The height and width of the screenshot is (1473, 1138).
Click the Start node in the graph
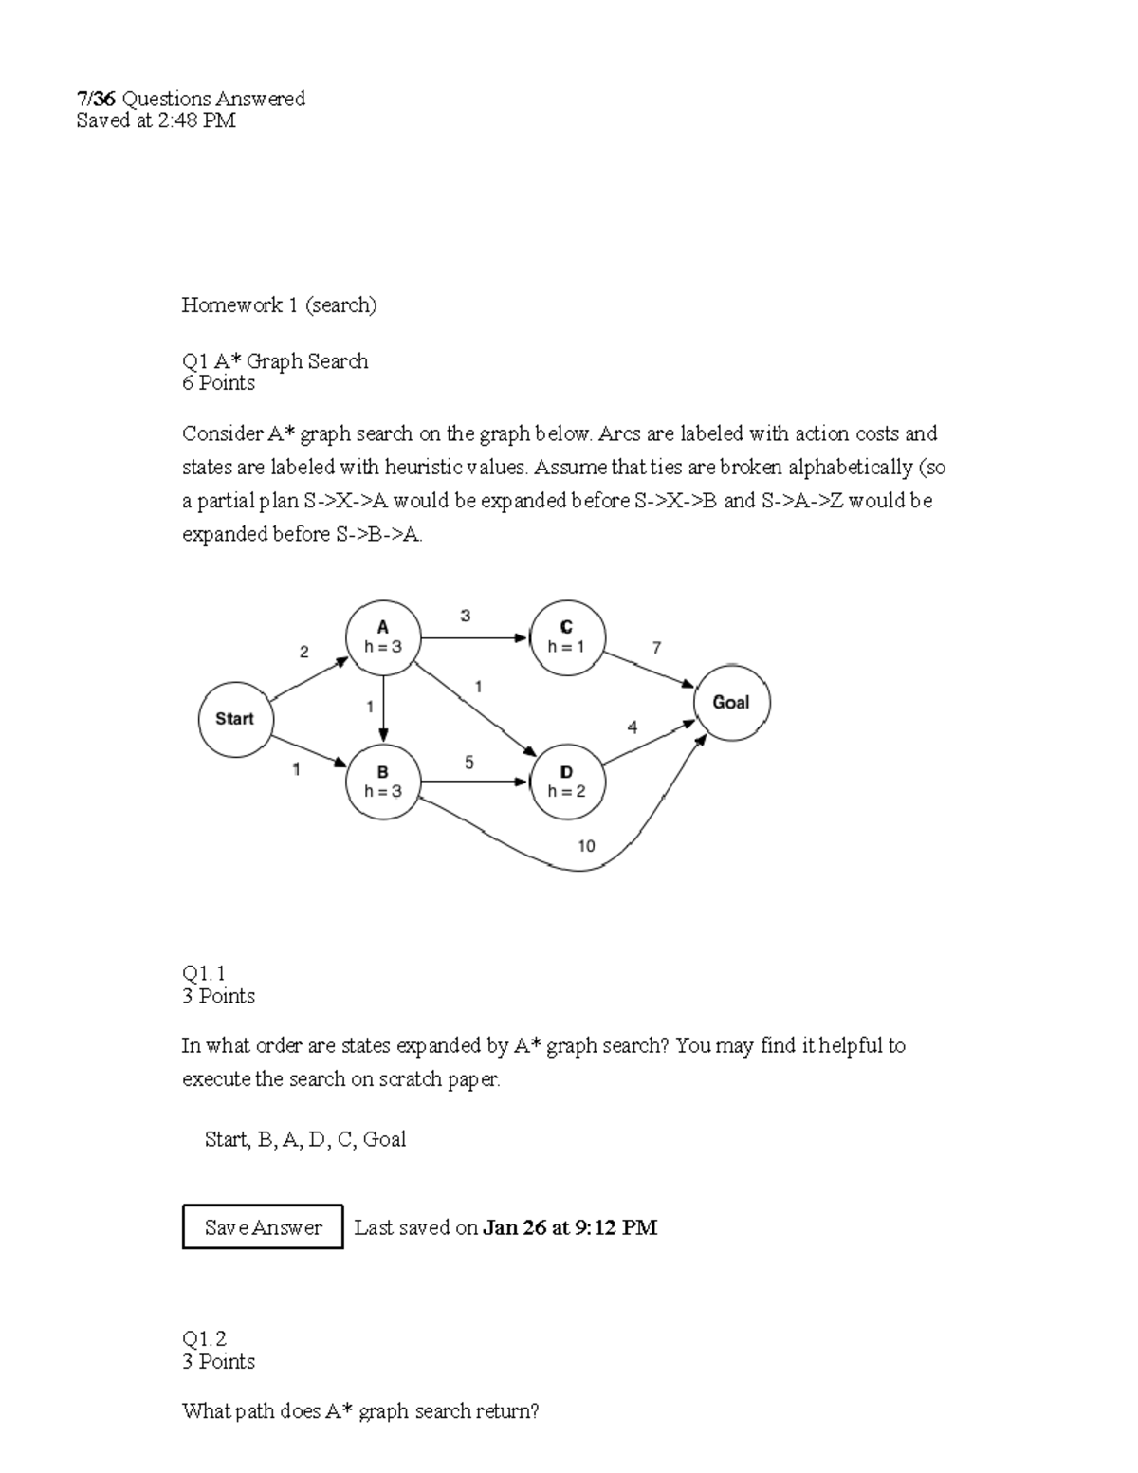coord(234,719)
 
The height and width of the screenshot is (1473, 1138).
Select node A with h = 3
coord(383,637)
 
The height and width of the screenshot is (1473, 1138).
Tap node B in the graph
coord(383,782)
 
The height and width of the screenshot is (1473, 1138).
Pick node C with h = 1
coord(566,637)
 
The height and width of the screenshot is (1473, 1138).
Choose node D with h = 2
coord(566,782)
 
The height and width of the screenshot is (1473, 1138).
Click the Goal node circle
coord(730,703)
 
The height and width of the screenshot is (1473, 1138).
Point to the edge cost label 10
coord(586,846)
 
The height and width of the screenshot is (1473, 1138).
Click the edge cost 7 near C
coord(656,648)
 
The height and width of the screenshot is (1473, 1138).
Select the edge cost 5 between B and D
coord(468,763)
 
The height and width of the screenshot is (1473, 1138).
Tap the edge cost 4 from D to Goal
coord(633,728)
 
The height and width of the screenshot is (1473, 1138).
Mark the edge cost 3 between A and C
coord(466,617)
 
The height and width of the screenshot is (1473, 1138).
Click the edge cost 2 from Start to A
coord(304,652)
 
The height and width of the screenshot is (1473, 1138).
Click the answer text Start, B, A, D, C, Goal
coord(305,1139)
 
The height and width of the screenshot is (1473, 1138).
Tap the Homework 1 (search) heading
coord(280,305)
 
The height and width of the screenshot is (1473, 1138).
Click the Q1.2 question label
coord(204,1338)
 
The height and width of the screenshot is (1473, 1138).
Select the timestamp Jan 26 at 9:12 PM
coord(570,1227)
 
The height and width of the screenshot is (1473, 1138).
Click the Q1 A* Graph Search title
coord(275,361)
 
